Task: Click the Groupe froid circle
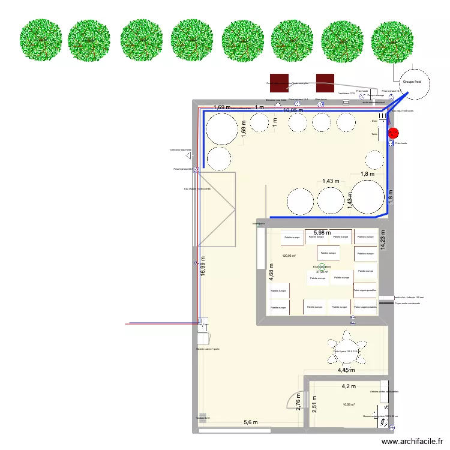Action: pos(412,82)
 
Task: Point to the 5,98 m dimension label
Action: pos(322,233)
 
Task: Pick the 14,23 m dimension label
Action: pos(382,239)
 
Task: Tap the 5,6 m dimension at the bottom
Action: pos(251,423)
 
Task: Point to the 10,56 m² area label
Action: pos(349,404)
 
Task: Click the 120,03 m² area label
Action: pos(289,256)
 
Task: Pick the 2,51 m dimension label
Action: pos(314,403)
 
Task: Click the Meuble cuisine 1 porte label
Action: pos(208,349)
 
